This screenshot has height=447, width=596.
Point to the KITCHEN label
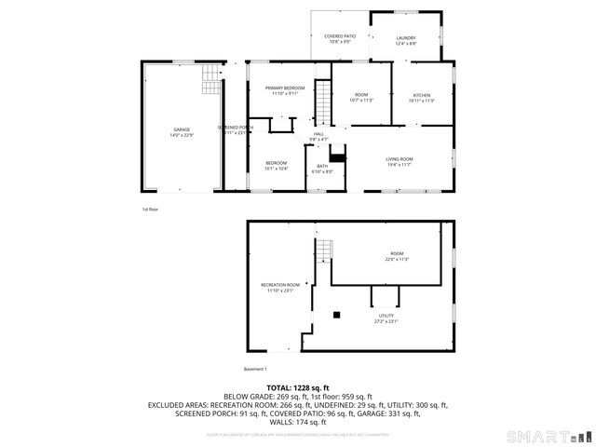pyautogui.click(x=422, y=97)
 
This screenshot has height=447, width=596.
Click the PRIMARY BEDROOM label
pyautogui.click(x=285, y=89)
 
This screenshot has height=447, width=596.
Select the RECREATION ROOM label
pyautogui.click(x=280, y=286)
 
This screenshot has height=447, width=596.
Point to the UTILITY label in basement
pyautogui.click(x=386, y=318)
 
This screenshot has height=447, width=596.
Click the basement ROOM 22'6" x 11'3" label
pyautogui.click(x=398, y=256)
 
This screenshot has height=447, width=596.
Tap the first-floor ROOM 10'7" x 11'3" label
pyautogui.click(x=360, y=97)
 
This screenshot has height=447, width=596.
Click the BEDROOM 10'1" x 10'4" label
pyautogui.click(x=275, y=165)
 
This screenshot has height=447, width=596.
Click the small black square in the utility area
pyautogui.click(x=337, y=315)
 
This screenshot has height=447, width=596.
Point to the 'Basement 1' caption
pyautogui.click(x=255, y=370)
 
